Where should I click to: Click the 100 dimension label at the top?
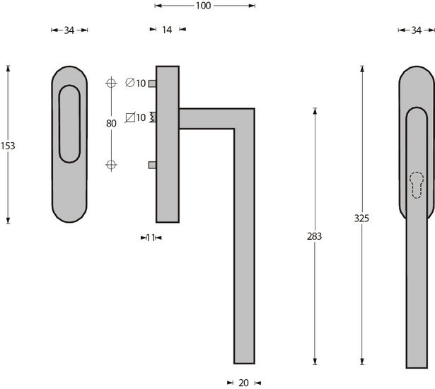click(x=203, y=6)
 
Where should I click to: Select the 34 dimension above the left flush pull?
click(x=69, y=30)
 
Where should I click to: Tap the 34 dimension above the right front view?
click(x=416, y=30)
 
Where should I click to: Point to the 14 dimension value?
click(x=167, y=30)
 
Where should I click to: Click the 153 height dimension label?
click(x=8, y=146)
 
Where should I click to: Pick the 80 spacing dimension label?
click(x=111, y=123)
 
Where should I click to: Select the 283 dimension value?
click(x=315, y=236)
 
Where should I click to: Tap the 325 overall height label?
click(x=361, y=218)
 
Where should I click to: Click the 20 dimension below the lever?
click(x=243, y=383)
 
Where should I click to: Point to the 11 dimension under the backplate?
click(x=151, y=238)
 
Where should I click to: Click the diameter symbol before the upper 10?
click(x=129, y=83)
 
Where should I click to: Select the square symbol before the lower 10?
click(x=129, y=117)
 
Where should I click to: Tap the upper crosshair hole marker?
click(x=110, y=83)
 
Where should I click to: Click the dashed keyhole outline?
click(x=417, y=187)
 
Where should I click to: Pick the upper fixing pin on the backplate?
click(x=152, y=83)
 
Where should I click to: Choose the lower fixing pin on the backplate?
click(x=152, y=165)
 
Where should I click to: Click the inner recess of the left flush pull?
click(x=69, y=124)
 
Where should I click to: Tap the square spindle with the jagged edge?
click(x=153, y=117)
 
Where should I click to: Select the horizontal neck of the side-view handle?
click(x=212, y=118)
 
